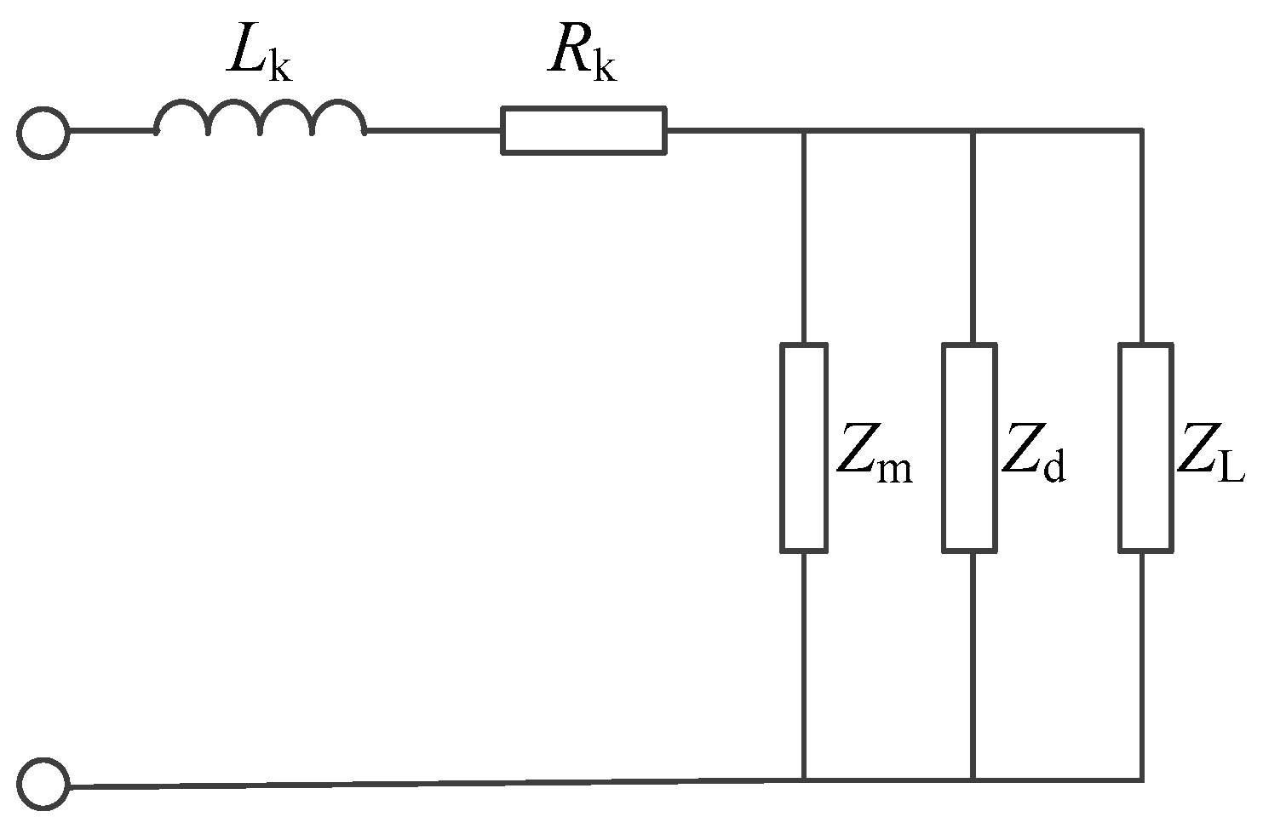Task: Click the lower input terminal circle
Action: coord(43,785)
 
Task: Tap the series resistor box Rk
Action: coord(583,131)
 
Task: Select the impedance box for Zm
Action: coord(804,448)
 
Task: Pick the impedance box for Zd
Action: coord(969,448)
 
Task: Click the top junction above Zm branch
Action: coord(804,131)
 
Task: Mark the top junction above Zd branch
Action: coord(972,131)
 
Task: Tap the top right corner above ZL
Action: coord(1140,131)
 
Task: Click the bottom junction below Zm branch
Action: coord(804,779)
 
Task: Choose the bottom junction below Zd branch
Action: coord(972,779)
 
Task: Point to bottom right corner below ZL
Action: coord(1140,779)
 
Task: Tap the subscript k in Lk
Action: coord(279,67)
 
